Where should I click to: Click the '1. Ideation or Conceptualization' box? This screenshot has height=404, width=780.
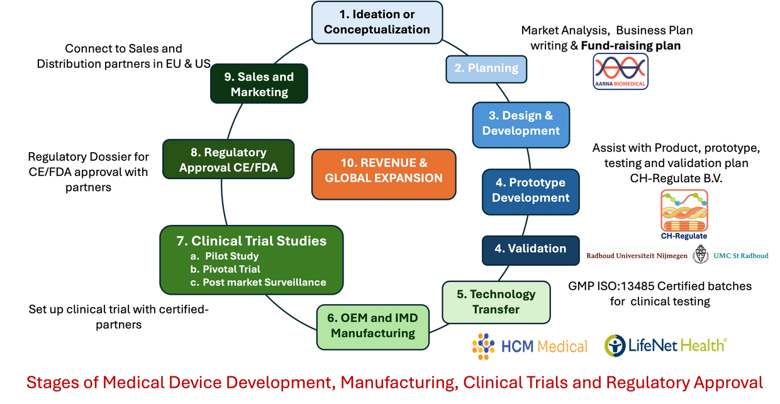[x=376, y=22]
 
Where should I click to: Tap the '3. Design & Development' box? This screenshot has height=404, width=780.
[x=521, y=123]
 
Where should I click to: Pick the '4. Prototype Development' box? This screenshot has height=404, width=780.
[x=530, y=190]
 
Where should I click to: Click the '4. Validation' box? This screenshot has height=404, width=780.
[x=530, y=248]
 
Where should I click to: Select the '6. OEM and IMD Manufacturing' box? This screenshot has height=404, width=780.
[x=373, y=325]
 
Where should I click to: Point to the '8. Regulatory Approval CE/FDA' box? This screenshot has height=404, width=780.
[x=228, y=160]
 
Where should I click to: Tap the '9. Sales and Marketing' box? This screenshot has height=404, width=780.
[x=259, y=84]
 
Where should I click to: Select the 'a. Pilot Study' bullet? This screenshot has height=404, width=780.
[x=227, y=256]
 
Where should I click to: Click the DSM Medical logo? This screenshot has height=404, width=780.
[x=529, y=346]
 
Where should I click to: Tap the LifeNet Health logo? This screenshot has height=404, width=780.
[x=665, y=345]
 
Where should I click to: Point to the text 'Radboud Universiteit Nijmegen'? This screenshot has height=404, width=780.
[x=636, y=256]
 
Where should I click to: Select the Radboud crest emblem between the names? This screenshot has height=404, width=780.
[x=700, y=256]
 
